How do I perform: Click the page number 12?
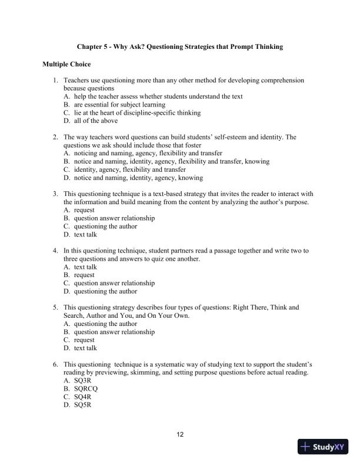point(180,435)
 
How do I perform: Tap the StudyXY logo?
point(323,447)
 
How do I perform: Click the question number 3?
point(55,193)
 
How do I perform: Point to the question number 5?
point(55,307)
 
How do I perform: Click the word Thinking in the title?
point(268,46)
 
